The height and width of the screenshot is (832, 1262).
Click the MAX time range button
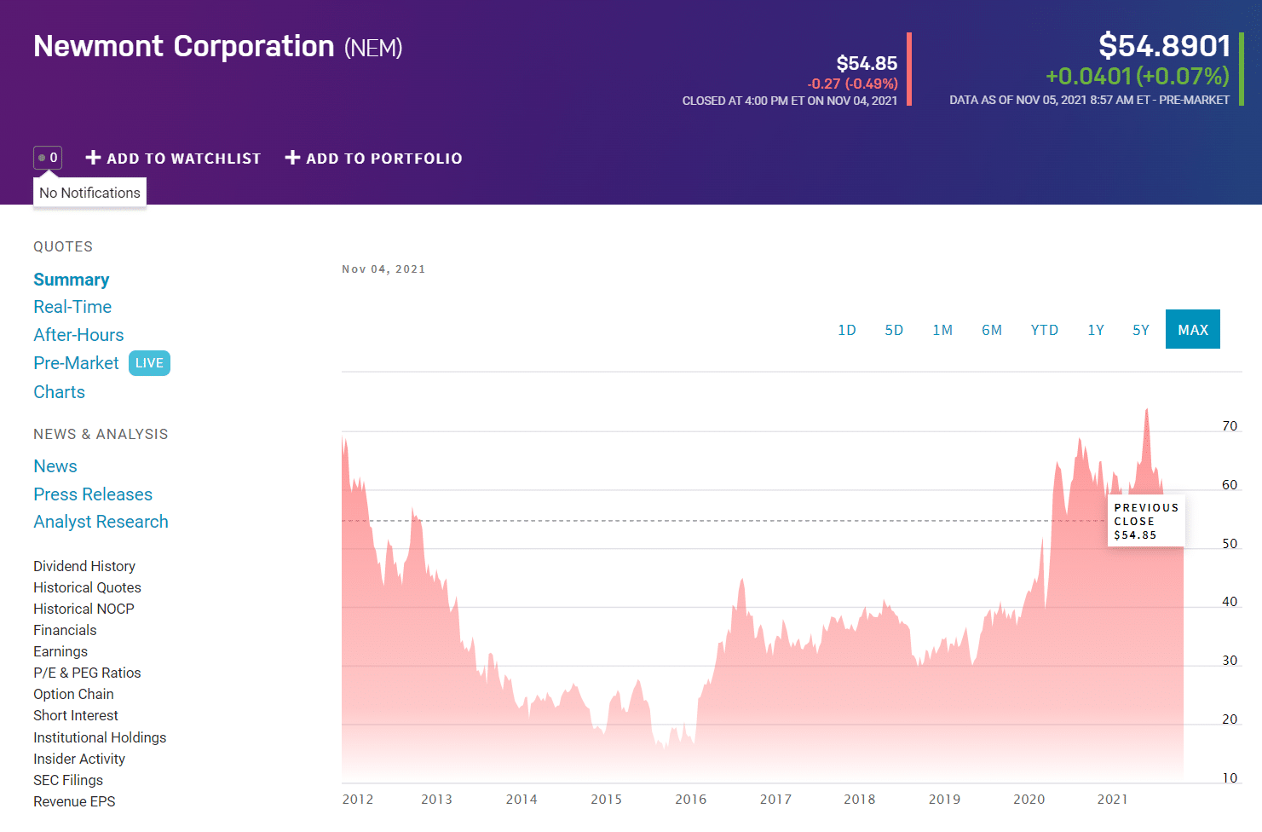tap(1192, 329)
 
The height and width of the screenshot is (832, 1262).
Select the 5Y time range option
tap(1140, 330)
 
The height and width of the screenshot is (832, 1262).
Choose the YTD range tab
tap(1044, 330)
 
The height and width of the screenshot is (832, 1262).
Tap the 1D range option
tap(846, 330)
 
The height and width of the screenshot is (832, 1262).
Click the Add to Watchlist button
tap(173, 159)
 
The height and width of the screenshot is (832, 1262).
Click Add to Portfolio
tap(373, 159)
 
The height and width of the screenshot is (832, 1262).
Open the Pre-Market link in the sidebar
tap(76, 363)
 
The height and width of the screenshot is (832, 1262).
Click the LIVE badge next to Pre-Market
tap(149, 363)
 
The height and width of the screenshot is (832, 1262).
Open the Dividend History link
tap(84, 566)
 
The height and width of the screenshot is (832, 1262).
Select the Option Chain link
tap(73, 694)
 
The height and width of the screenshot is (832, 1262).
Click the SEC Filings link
tap(68, 780)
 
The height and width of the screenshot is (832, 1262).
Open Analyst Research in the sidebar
tap(101, 522)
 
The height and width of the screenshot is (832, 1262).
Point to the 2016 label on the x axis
tap(691, 800)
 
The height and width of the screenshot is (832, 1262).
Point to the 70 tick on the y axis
tap(1230, 426)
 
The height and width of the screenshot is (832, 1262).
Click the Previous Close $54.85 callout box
tap(1146, 521)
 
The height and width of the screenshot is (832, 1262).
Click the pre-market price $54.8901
tap(1164, 46)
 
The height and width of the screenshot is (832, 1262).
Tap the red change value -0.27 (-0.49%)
tap(852, 84)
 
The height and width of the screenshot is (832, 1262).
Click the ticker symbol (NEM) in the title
tap(373, 48)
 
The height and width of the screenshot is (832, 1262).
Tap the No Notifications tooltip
tap(89, 193)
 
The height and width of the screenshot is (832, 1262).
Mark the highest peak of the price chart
tap(1146, 409)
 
